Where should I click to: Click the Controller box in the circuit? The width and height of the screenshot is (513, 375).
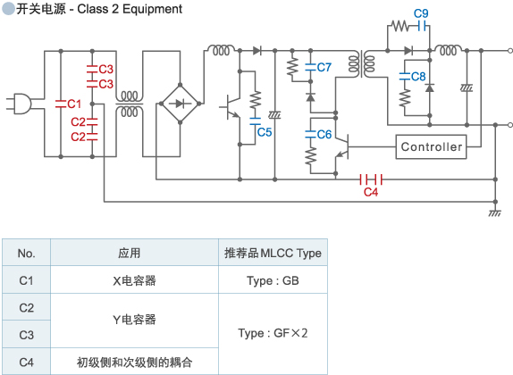coord(432,147)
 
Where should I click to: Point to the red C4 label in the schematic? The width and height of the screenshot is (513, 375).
coord(371,191)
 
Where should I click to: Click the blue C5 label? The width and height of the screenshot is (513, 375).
coord(265,132)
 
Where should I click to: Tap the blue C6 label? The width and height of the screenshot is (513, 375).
coord(324,134)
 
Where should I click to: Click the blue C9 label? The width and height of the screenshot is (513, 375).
coord(421,13)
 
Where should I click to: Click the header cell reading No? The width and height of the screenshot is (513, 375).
coord(26,253)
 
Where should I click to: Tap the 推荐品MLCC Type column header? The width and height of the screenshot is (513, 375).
coord(272,253)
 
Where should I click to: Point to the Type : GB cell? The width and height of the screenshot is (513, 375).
coord(272,280)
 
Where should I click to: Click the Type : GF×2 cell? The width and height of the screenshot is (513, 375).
coord(272,334)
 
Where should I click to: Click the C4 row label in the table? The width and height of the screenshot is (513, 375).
coord(26,362)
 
